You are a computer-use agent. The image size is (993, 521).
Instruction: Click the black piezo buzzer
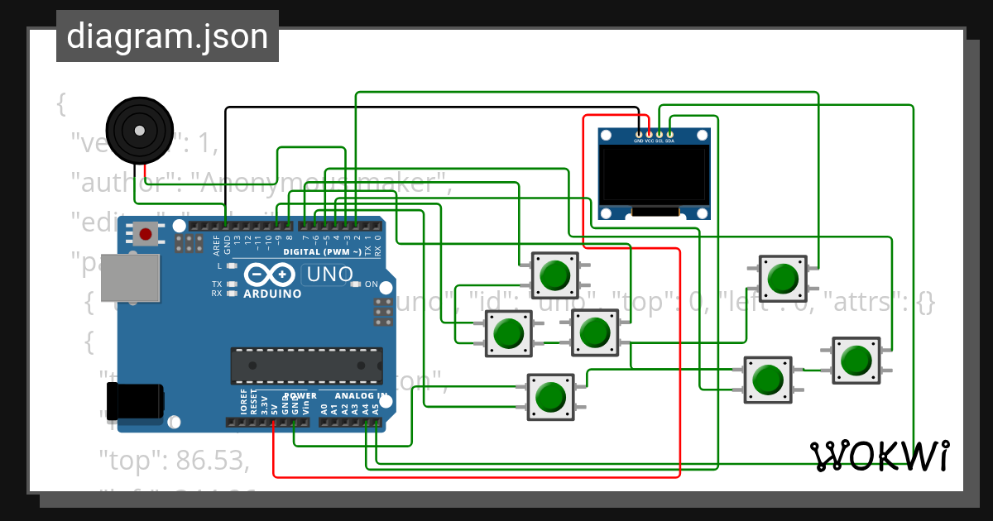pyautogui.click(x=138, y=130)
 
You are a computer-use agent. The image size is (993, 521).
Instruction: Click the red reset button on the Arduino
pyautogui.click(x=146, y=235)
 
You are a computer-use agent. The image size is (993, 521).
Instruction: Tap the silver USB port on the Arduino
pyautogui.click(x=128, y=277)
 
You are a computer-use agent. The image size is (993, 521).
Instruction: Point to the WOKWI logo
pyautogui.click(x=880, y=456)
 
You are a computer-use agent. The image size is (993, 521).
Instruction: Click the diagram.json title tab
pyautogui.click(x=167, y=36)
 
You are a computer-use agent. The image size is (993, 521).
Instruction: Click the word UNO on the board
pyautogui.click(x=329, y=274)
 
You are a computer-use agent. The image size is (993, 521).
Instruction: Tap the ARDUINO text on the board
pyautogui.click(x=272, y=294)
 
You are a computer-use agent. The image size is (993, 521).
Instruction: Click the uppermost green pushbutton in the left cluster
pyautogui.click(x=554, y=275)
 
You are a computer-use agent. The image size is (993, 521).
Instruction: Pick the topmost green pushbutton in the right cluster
pyautogui.click(x=781, y=278)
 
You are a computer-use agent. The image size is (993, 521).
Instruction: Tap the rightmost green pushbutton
pyautogui.click(x=856, y=360)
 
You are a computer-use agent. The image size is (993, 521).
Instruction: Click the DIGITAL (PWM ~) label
pyautogui.click(x=322, y=251)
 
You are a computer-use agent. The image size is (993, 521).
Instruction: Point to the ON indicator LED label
pyautogui.click(x=371, y=284)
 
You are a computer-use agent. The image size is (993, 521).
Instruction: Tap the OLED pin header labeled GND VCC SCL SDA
pyautogui.click(x=654, y=136)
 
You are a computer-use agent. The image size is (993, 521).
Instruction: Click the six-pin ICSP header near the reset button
pyautogui.click(x=189, y=242)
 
